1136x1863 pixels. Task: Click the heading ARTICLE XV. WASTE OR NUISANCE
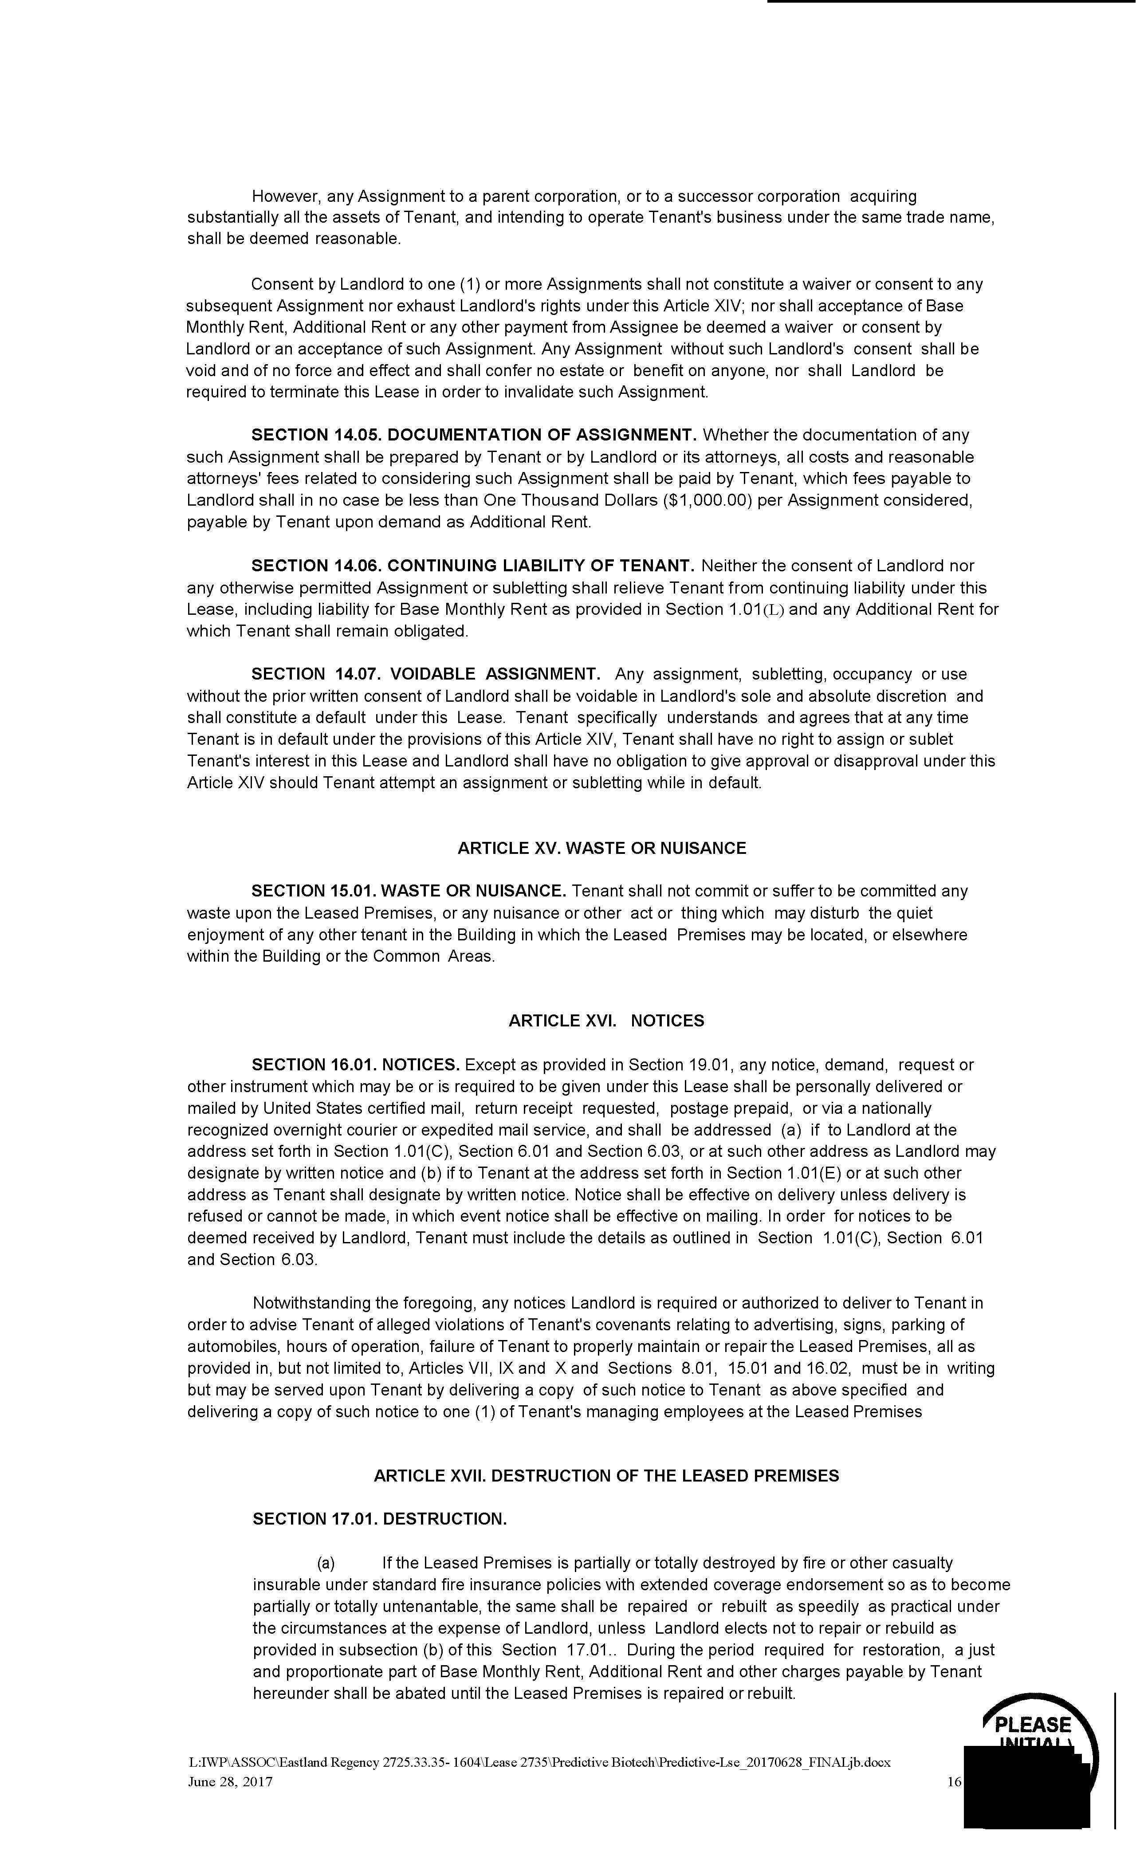click(x=601, y=848)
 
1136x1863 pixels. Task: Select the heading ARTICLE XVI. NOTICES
click(x=606, y=1021)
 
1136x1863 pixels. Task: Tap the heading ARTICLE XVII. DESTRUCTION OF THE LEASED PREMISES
click(x=606, y=1476)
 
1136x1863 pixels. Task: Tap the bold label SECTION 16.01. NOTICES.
click(x=355, y=1065)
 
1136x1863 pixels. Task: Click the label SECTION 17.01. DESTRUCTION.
click(x=380, y=1519)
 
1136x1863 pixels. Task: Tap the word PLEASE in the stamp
click(x=1032, y=1725)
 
